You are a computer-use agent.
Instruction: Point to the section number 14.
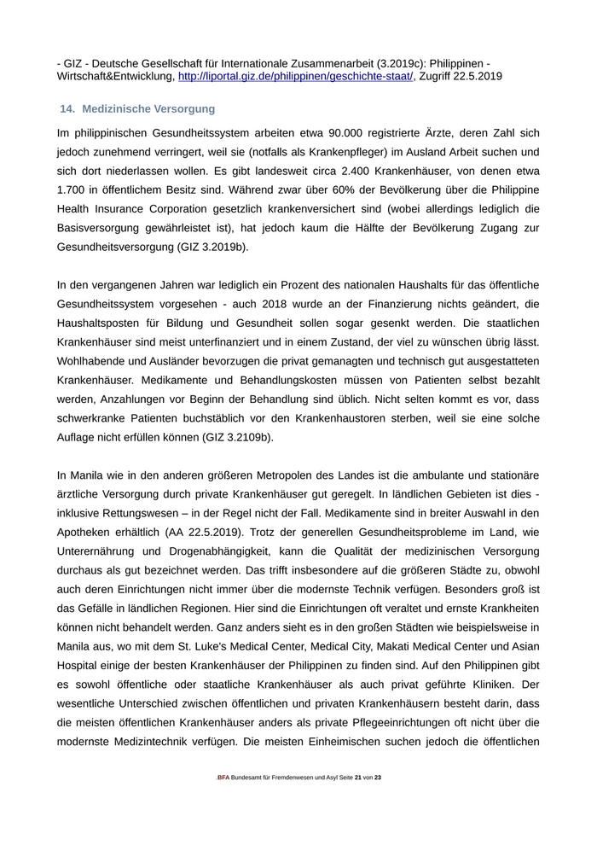(x=67, y=109)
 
